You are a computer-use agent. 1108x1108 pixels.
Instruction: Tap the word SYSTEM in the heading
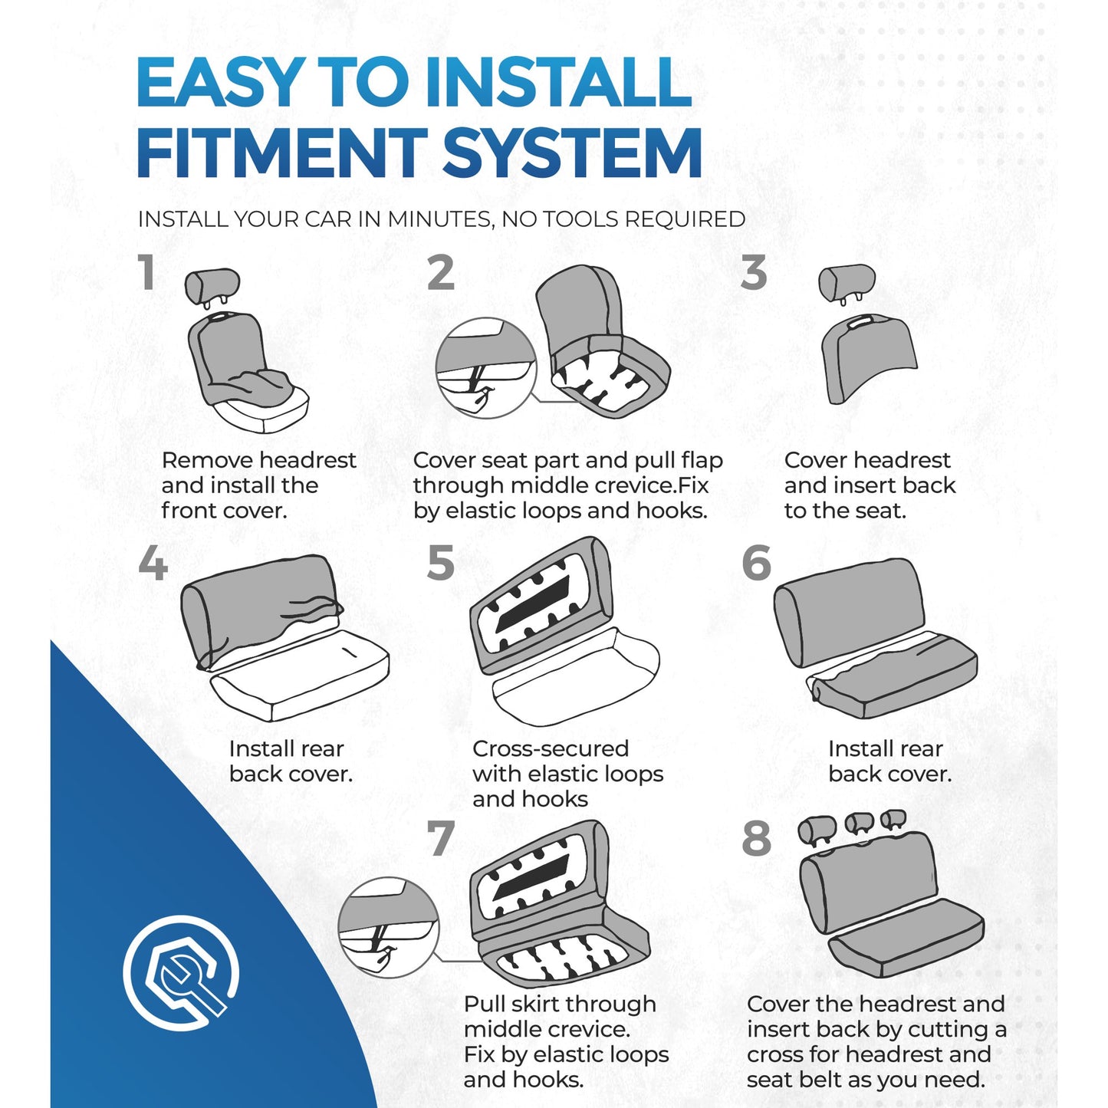point(573,152)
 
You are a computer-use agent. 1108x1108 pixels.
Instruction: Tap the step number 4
point(153,562)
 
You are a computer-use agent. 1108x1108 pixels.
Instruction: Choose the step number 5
point(440,562)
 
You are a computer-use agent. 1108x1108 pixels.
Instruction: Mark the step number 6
point(756,562)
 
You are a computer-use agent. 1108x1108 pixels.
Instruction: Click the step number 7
point(441,838)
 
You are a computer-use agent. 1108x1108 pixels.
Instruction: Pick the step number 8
point(756,838)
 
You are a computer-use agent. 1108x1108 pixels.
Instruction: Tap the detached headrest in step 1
point(212,286)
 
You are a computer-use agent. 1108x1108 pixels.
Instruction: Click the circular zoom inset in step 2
point(486,368)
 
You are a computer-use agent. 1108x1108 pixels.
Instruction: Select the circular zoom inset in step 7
point(389,927)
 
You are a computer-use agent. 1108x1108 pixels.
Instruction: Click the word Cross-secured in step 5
point(551,749)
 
